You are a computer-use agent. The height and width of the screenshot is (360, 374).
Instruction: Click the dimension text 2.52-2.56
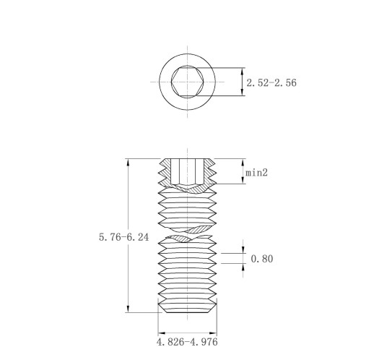tap(271, 82)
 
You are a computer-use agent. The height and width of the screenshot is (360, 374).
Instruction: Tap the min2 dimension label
tap(256, 173)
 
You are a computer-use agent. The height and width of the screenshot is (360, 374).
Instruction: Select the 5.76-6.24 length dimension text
tap(124, 237)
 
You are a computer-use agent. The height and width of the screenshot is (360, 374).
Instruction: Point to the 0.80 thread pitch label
tap(262, 259)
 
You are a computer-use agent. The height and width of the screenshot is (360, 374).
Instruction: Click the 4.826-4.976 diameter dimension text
tap(187, 342)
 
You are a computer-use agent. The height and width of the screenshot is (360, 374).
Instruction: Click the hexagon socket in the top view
tap(188, 82)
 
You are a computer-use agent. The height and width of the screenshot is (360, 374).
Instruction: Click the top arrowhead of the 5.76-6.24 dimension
tap(128, 162)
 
